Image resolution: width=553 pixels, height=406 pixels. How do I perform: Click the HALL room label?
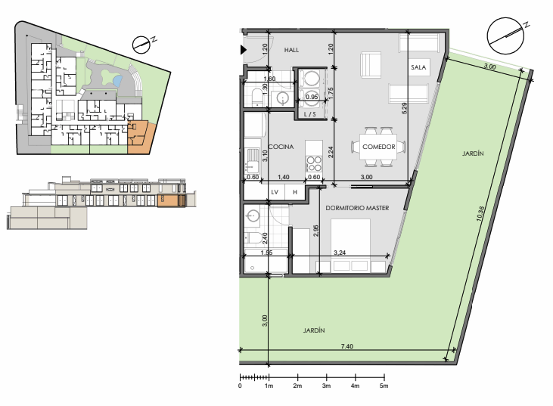(x=291, y=50)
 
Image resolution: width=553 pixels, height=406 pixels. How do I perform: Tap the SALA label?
(x=418, y=67)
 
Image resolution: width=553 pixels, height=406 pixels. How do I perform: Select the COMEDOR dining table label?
(x=379, y=147)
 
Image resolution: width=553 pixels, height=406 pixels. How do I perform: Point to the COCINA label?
(x=281, y=147)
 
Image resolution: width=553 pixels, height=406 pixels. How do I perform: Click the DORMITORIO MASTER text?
(x=357, y=208)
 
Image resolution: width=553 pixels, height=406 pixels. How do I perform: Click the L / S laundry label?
(x=310, y=114)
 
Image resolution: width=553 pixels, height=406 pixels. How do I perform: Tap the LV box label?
(x=275, y=192)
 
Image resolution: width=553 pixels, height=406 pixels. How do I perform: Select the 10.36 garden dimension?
(x=480, y=213)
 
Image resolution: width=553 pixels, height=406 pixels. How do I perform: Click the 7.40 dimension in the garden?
(x=347, y=346)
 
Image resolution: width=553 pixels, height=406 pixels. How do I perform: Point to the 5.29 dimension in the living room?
(x=405, y=108)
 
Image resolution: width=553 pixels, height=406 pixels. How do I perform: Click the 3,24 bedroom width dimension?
(x=340, y=253)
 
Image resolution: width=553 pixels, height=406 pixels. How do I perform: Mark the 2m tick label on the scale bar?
(x=297, y=386)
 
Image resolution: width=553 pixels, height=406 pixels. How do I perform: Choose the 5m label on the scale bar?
(x=384, y=386)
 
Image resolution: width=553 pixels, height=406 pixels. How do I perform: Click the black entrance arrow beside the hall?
(x=244, y=50)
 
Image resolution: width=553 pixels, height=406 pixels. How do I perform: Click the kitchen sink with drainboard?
(x=252, y=161)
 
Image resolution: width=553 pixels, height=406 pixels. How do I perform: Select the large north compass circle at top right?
(x=505, y=36)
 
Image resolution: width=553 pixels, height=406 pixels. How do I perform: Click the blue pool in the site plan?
(x=117, y=81)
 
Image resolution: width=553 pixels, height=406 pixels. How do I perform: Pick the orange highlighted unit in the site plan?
(x=141, y=138)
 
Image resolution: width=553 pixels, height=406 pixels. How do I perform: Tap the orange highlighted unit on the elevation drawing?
(x=171, y=200)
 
